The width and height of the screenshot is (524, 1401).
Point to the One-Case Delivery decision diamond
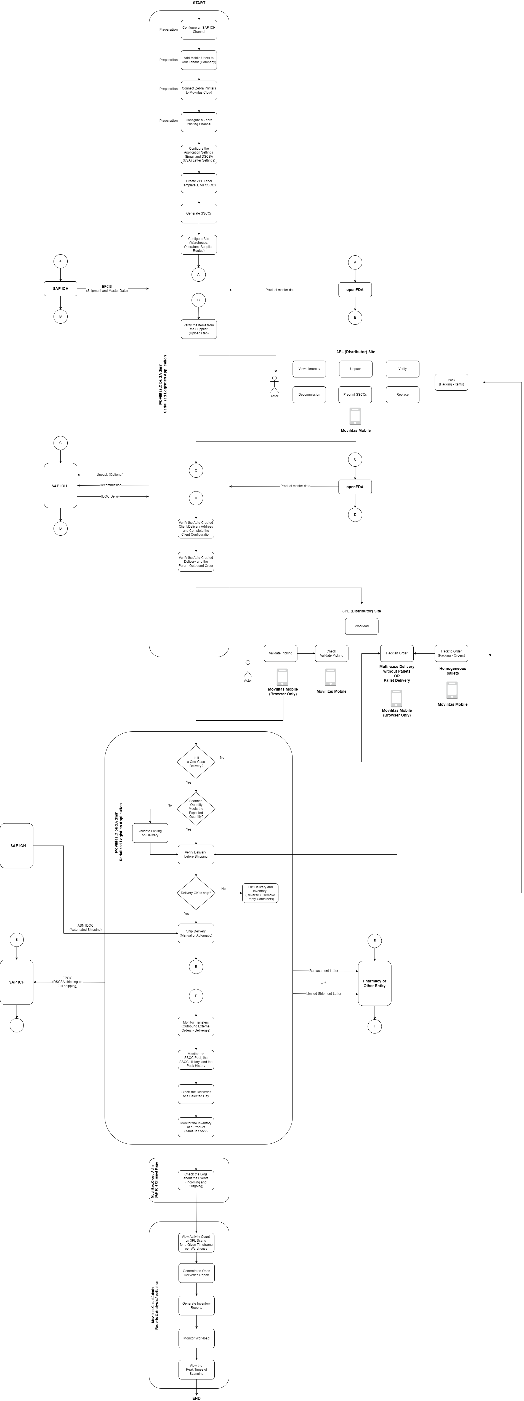pos(196,762)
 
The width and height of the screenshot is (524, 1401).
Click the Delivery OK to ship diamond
pos(196,893)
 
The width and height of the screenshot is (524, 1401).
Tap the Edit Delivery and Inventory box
pos(260,893)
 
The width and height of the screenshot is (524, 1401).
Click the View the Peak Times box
pos(196,1370)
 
